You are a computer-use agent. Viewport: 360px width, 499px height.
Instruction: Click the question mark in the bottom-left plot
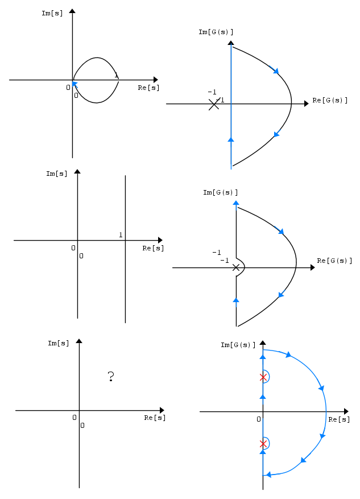pos(111,377)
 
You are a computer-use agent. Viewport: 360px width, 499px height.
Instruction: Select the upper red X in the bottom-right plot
pos(263,377)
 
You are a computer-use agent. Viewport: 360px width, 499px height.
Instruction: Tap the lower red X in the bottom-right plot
pos(263,444)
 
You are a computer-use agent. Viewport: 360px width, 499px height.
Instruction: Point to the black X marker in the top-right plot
pos(214,104)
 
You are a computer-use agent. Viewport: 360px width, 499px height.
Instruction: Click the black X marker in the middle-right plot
pos(235,267)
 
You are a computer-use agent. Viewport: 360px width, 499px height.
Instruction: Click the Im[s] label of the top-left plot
pos(52,13)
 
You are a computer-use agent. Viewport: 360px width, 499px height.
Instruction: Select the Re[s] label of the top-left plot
pos(148,88)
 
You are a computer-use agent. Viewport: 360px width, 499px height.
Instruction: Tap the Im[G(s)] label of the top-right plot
pos(216,32)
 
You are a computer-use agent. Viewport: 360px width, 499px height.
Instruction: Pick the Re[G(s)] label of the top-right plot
pos(330,100)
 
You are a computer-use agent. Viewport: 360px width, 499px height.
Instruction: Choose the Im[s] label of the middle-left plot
pos(57,174)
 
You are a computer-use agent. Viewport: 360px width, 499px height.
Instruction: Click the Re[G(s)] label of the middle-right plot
pos(334,261)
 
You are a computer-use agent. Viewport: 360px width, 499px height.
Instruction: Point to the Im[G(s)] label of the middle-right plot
pos(221,192)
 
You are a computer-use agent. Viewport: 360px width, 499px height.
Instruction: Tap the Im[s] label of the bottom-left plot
pos(58,343)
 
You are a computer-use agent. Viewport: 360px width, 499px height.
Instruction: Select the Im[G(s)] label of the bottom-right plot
pos(238,345)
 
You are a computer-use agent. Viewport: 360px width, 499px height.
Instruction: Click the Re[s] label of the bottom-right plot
pos(339,419)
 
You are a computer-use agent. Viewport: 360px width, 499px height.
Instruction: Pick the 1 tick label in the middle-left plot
pos(121,235)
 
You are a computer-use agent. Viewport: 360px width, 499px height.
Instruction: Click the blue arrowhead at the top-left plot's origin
pos(75,84)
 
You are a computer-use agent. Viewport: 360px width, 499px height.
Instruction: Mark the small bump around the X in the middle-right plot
pos(241,267)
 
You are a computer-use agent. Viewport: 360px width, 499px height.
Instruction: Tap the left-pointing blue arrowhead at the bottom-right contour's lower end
pos(268,475)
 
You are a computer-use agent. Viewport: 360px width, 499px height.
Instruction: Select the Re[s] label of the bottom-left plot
pos(155,418)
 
